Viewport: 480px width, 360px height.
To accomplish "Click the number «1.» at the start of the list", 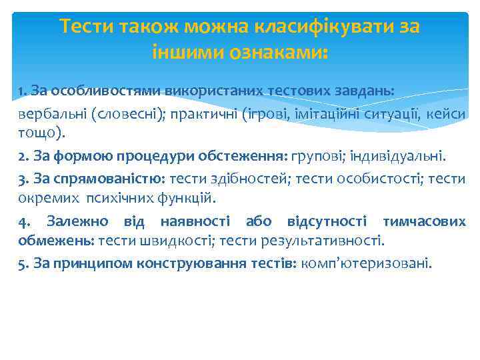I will (23, 89).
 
